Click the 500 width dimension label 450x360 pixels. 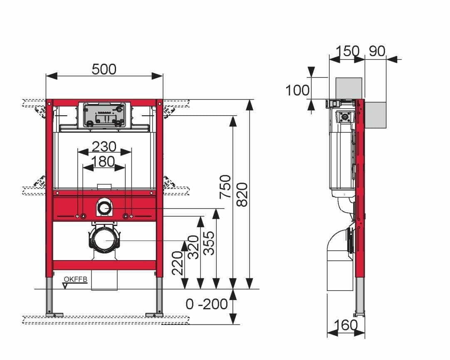tap(104, 69)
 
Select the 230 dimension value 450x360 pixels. tap(104, 146)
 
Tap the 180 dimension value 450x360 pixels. tap(104, 161)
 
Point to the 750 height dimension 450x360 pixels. tap(225, 187)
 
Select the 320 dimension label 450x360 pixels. tap(193, 247)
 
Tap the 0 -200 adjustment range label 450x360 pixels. tap(207, 304)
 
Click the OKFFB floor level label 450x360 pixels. tap(76, 279)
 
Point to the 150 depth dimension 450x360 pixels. tap(347, 51)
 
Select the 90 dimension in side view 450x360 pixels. tap(377, 51)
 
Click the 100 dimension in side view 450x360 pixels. tap(297, 90)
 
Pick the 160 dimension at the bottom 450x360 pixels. tap(346, 324)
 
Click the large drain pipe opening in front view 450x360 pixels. tap(104, 240)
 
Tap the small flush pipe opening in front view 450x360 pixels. tap(104, 207)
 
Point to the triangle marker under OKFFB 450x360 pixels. tap(65, 286)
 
